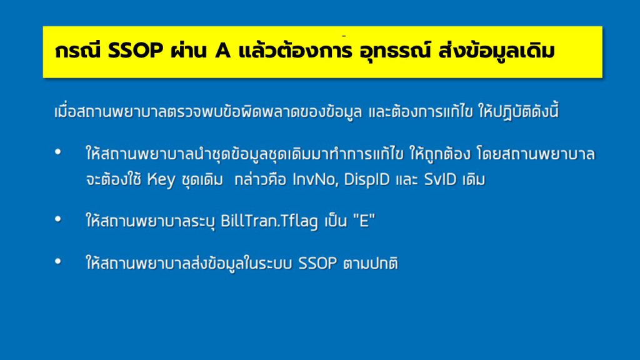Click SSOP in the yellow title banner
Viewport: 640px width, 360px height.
[x=134, y=52]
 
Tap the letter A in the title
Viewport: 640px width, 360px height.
[x=221, y=52]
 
